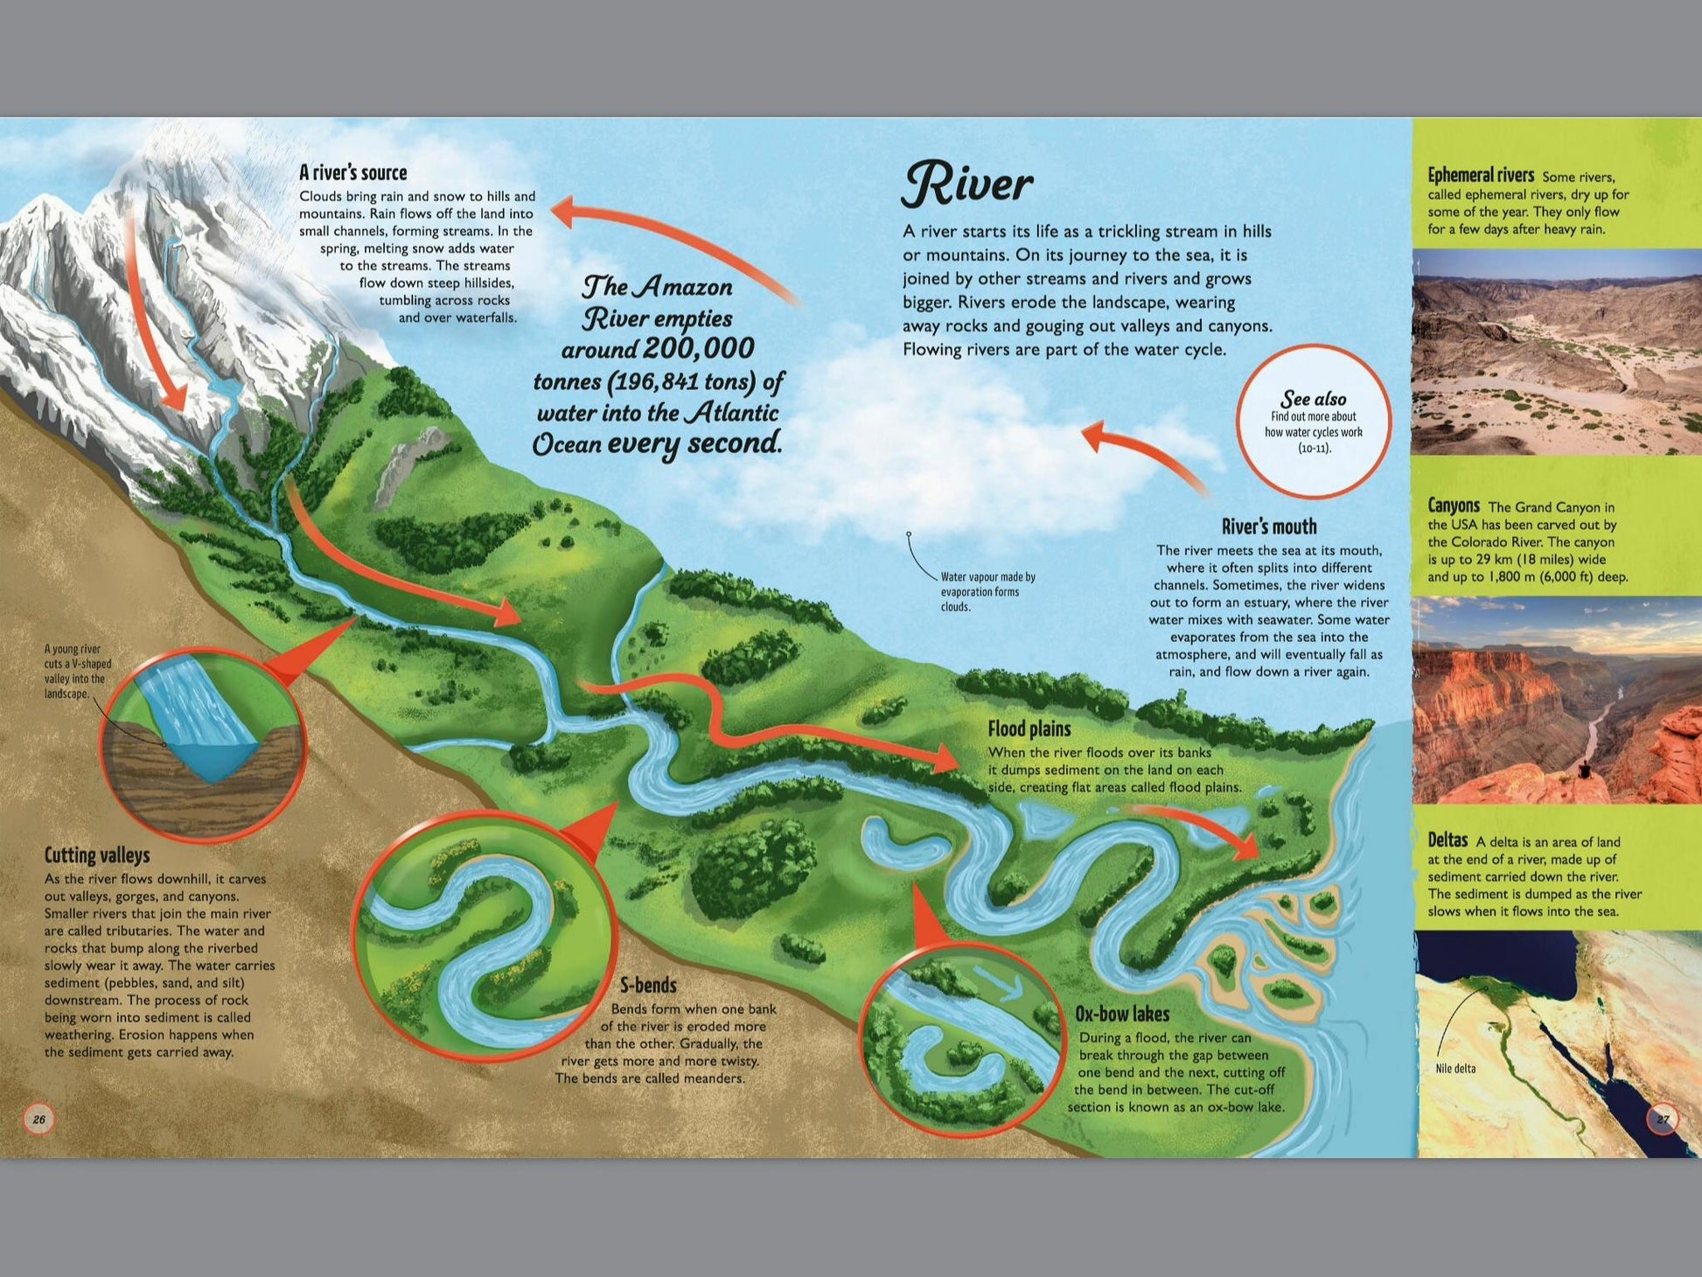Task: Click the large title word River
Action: [x=966, y=184]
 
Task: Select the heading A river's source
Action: [x=352, y=172]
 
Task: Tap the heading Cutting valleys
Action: [x=97, y=855]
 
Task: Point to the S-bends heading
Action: [x=648, y=986]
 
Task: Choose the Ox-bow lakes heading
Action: [x=1122, y=1014]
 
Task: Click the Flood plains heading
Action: [x=1029, y=729]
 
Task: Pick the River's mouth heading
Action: [x=1268, y=527]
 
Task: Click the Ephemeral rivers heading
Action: [x=1480, y=175]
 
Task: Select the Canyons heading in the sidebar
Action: [x=1453, y=506]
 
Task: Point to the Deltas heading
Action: [x=1447, y=840]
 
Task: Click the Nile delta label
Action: [x=1455, y=1068]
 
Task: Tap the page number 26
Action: [x=38, y=1119]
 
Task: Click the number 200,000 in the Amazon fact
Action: [x=698, y=348]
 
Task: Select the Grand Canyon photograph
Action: [x=1557, y=700]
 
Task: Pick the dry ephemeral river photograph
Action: [x=1557, y=352]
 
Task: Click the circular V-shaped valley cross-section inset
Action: [x=203, y=743]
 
